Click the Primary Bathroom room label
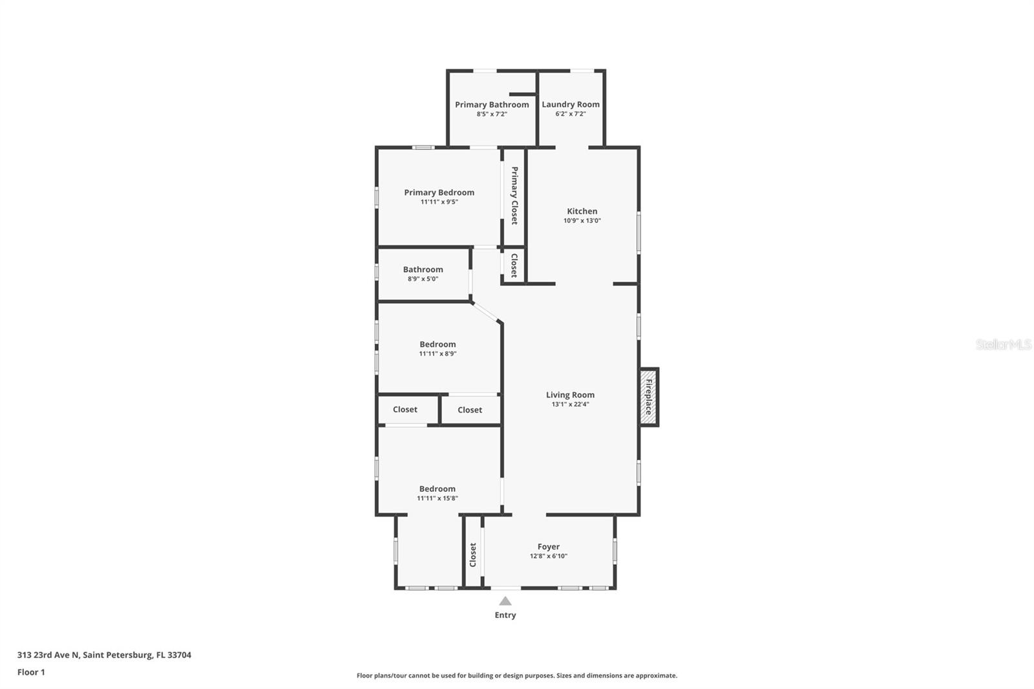(492, 105)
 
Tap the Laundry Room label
(571, 104)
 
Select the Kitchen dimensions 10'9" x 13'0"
(582, 220)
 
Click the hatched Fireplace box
(649, 397)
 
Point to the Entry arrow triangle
(505, 601)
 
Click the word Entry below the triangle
(505, 615)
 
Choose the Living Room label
(570, 395)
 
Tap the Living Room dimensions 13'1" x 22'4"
(570, 405)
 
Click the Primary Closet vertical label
(514, 196)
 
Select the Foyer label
(549, 547)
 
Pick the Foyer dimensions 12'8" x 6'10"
(549, 556)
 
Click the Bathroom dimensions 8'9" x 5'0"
(423, 279)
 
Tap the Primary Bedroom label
(439, 193)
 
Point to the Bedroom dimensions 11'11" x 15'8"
(438, 498)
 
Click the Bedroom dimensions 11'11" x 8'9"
(438, 354)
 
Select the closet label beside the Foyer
(473, 555)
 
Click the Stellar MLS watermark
(1003, 344)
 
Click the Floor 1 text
(31, 672)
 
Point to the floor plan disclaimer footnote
(517, 675)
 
